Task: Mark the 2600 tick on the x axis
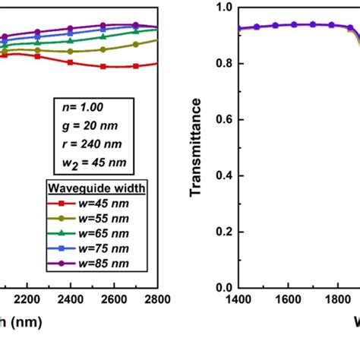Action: tap(114, 300)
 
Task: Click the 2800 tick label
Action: tap(157, 300)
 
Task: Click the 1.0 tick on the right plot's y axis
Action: tap(224, 8)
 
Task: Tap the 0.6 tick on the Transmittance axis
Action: tap(224, 120)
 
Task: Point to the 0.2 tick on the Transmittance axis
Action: tap(224, 232)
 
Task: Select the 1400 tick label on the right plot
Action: tap(238, 300)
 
